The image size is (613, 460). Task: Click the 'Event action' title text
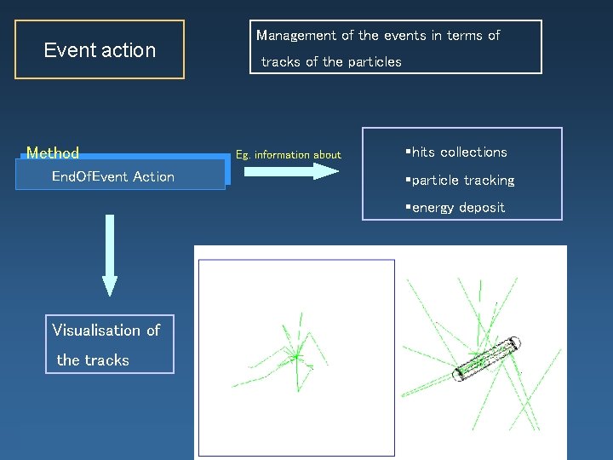point(100,50)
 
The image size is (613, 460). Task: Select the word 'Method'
point(53,153)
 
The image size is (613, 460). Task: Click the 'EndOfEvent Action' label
point(113,177)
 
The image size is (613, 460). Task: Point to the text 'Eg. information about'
point(288,155)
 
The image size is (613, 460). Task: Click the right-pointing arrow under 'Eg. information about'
point(291,171)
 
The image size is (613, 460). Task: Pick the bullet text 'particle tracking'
point(463,181)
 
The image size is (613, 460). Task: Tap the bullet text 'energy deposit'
point(458,208)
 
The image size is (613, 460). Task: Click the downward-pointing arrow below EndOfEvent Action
point(109,256)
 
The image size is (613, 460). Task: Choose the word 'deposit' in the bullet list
point(482,208)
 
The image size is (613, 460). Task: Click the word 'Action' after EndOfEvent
point(154,177)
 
